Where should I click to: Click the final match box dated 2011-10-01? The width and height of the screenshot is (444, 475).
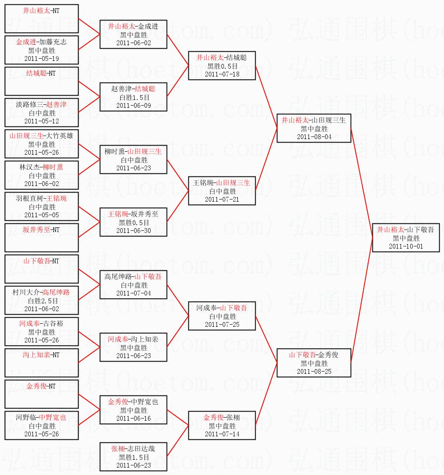click(405, 238)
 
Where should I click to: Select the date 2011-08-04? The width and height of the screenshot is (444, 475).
click(314, 137)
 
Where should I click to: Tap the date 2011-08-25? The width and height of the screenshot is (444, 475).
click(314, 372)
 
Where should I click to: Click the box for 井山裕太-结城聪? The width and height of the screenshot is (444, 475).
click(222, 66)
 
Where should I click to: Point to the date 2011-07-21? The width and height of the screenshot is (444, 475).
click(222, 199)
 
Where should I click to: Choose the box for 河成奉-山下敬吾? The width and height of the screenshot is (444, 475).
click(222, 316)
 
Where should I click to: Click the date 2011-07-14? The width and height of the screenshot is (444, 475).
click(222, 434)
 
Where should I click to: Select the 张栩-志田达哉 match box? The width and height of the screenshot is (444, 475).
click(133, 457)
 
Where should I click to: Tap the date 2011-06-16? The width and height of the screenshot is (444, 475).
click(133, 419)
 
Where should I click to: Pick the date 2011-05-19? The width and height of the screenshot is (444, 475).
click(41, 59)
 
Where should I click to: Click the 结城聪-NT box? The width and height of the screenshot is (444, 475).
click(41, 81)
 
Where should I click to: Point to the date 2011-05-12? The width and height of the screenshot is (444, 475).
click(41, 121)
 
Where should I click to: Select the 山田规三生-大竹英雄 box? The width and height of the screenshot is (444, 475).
click(41, 144)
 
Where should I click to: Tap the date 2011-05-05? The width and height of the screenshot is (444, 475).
click(41, 215)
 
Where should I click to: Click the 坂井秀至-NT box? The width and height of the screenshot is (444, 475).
click(41, 238)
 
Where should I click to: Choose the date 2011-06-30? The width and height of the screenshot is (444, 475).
click(133, 230)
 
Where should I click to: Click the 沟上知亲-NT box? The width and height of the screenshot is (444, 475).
click(41, 363)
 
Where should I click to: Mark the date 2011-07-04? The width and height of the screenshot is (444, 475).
click(133, 293)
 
